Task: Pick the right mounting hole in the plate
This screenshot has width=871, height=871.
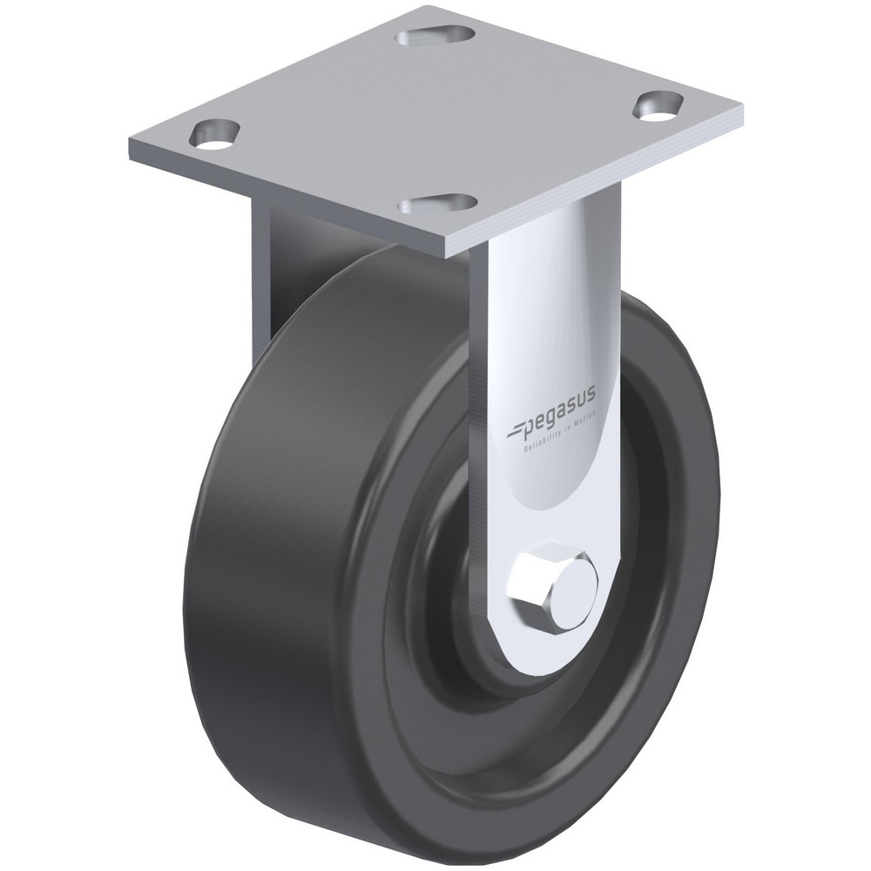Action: click(x=659, y=104)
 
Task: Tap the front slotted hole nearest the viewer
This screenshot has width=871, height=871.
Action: click(x=438, y=204)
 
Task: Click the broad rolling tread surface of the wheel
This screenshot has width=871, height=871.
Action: click(x=287, y=540)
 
